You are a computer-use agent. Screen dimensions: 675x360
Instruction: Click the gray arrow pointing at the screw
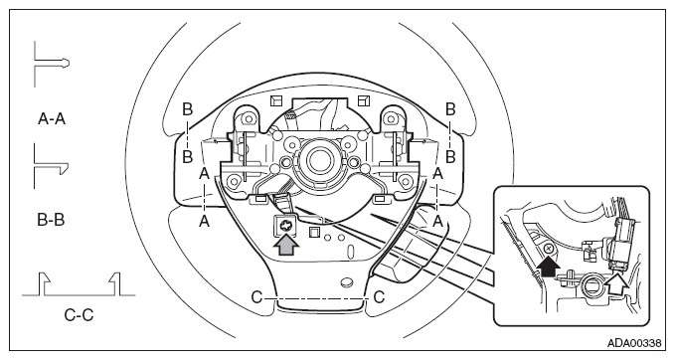tap(286, 246)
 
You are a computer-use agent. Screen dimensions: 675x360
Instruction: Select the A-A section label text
tap(52, 118)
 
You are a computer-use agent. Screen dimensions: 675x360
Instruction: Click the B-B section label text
tap(51, 220)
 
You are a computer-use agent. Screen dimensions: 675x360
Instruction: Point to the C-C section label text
tap(79, 315)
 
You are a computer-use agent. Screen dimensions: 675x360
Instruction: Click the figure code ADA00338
tap(634, 343)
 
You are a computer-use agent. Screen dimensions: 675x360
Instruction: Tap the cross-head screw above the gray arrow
tap(284, 225)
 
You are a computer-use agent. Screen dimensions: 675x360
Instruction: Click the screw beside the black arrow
tap(549, 249)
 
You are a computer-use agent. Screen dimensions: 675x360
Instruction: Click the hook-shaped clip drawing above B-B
tap(51, 166)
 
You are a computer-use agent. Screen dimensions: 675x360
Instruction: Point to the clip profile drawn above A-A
tap(52, 64)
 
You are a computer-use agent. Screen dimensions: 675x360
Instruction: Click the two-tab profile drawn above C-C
tap(79, 283)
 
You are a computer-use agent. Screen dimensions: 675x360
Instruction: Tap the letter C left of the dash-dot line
tap(256, 297)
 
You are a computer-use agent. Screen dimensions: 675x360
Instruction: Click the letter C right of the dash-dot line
tap(379, 297)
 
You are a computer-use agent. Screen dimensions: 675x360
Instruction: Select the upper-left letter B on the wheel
tap(187, 109)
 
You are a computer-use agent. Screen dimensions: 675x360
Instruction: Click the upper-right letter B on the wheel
tap(450, 109)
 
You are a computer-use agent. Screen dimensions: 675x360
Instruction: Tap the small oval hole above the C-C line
tap(347, 282)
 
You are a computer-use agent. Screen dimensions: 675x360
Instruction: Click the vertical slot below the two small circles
tap(350, 251)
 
